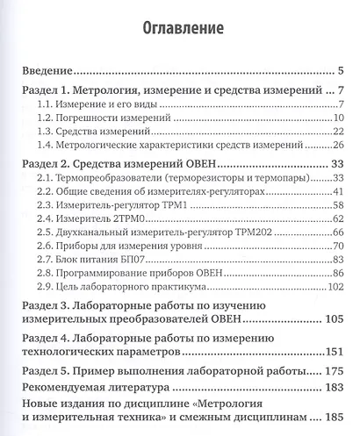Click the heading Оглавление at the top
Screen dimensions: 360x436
click(181, 27)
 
